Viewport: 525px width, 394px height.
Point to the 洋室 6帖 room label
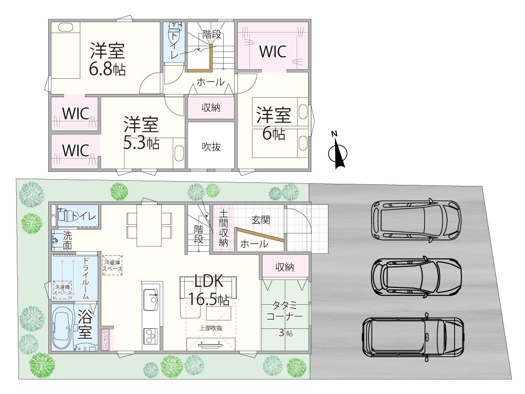274,123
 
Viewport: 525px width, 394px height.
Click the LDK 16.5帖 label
209,289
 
